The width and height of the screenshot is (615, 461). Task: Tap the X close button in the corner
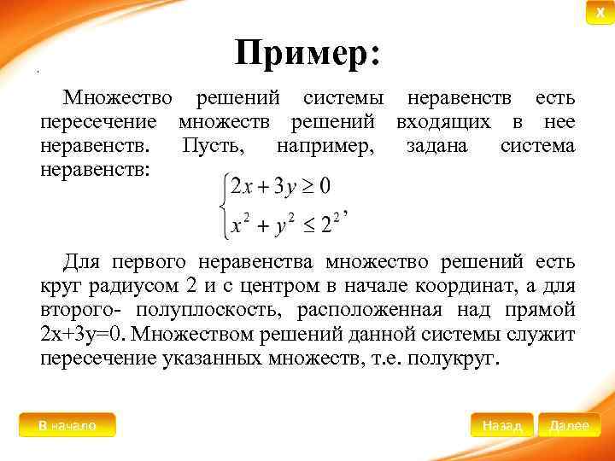[600, 13]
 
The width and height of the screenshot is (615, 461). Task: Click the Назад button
[501, 425]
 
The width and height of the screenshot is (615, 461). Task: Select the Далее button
[569, 425]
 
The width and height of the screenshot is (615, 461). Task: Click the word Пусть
[214, 147]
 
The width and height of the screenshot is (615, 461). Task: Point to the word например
[325, 147]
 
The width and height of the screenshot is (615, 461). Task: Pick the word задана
[437, 147]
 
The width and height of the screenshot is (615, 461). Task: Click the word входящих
[445, 123]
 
